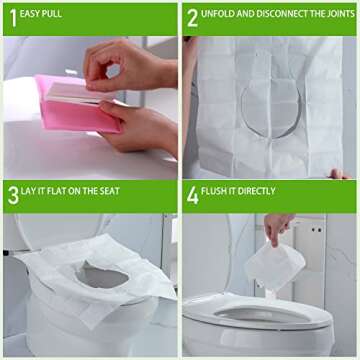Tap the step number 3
coord(13,194)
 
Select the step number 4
coord(192,194)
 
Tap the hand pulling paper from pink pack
coord(118,66)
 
